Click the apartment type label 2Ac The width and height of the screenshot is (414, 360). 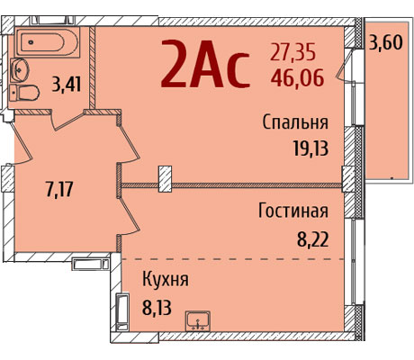205,64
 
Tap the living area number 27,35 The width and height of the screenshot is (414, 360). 292,52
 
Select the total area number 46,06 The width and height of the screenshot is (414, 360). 297,77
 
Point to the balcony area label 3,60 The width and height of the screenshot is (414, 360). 385,42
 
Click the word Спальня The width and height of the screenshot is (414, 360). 295,122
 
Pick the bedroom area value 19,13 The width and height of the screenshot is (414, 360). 310,148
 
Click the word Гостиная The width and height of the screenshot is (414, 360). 293,211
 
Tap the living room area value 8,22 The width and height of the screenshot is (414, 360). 313,239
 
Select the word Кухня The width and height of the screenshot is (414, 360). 166,279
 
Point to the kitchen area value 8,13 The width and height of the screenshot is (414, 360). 157,307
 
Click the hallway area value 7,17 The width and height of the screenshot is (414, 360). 59,189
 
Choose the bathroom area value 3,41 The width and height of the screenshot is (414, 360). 67,84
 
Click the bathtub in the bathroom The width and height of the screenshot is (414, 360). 47,42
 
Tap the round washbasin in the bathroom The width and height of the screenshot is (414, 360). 19,70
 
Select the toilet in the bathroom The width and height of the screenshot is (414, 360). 24,93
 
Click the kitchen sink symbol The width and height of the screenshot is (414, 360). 198,321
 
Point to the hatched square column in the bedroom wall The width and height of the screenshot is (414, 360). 165,179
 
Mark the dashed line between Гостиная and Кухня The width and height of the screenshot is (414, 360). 233,259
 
